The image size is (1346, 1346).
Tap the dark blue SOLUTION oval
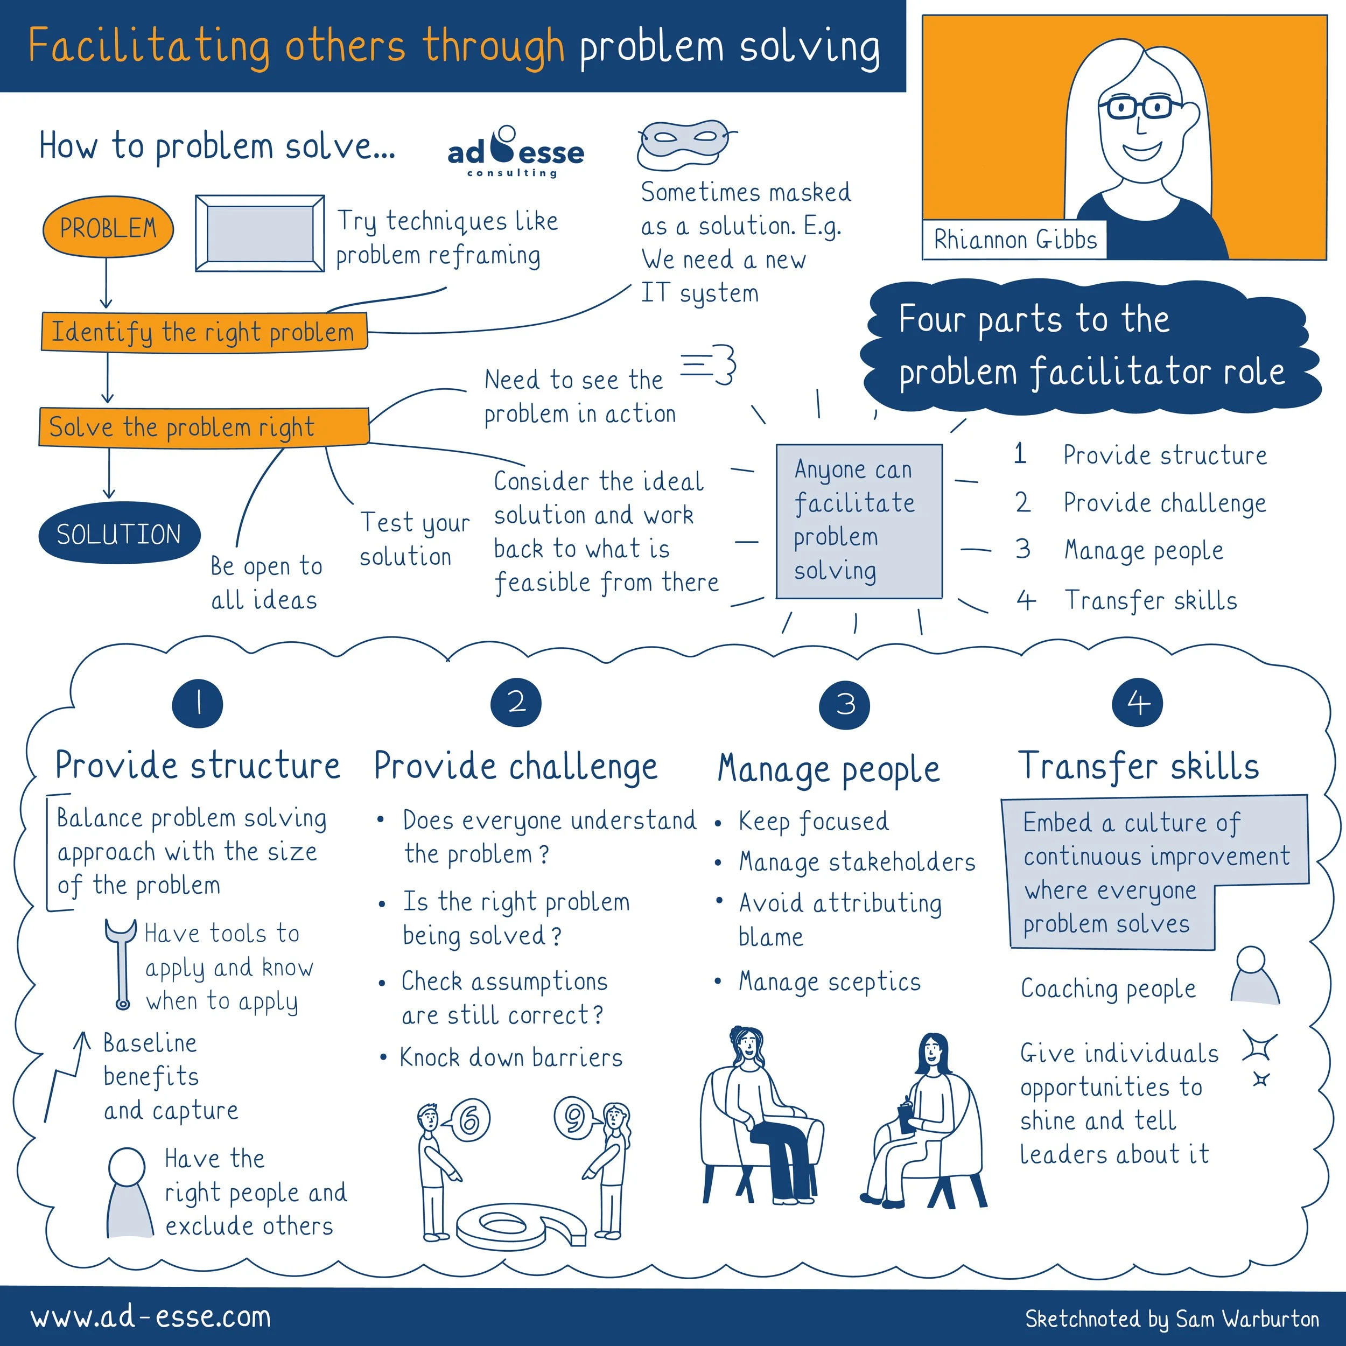coord(118,534)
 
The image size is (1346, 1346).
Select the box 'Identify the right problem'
coord(204,332)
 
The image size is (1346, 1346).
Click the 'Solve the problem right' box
coord(204,427)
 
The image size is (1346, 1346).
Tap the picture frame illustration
coord(260,233)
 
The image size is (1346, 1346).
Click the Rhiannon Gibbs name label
coord(1014,240)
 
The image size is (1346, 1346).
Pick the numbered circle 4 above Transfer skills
coord(1138,703)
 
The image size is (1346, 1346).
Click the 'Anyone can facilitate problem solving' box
coord(858,521)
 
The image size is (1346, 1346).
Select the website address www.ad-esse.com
coord(151,1317)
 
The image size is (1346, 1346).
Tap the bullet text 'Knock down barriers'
coord(510,1057)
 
